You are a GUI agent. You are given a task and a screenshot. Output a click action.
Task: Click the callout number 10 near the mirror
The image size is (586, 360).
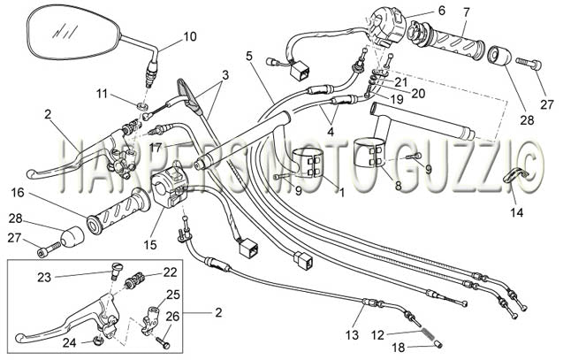(x=190, y=36)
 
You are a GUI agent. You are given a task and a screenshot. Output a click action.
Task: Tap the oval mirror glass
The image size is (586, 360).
(x=73, y=33)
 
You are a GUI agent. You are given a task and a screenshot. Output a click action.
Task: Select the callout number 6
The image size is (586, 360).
(x=442, y=11)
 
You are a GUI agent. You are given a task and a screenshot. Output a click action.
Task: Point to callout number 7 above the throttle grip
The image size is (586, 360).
(x=466, y=12)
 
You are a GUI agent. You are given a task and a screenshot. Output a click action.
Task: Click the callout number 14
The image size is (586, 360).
(x=517, y=212)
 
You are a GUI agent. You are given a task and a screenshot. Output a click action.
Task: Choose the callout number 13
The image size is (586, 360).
(x=352, y=335)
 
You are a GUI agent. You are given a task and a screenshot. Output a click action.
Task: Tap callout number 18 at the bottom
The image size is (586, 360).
(x=399, y=348)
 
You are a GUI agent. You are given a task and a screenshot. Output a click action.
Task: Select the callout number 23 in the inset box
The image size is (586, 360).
(x=43, y=278)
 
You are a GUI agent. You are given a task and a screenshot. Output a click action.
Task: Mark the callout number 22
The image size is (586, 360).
(x=170, y=272)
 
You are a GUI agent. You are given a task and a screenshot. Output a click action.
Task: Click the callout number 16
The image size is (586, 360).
(x=18, y=193)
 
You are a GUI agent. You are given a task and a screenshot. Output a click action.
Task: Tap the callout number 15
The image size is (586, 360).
(x=150, y=245)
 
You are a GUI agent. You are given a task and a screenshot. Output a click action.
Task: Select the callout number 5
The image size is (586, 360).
(x=249, y=56)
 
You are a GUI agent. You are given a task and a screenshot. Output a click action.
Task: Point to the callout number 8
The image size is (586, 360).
(x=398, y=186)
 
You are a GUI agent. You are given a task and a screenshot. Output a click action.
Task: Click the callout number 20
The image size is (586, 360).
(x=418, y=94)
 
